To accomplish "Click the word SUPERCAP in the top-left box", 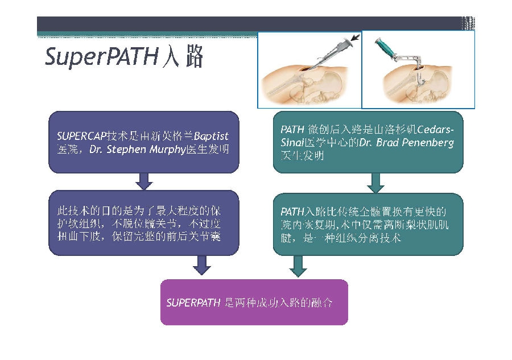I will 77,137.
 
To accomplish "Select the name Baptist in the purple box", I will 211,137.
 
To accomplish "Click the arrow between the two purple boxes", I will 143,181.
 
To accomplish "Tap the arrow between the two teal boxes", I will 375,183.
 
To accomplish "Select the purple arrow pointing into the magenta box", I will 201,263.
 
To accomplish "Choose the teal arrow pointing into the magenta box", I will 298,264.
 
